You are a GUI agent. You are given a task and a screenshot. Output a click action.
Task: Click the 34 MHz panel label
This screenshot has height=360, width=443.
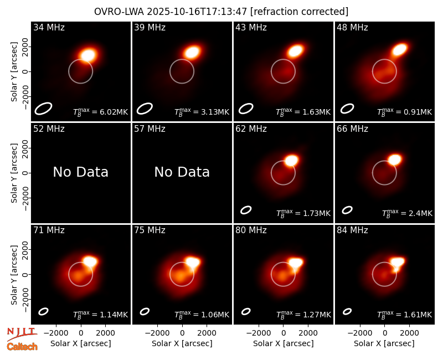pyautogui.click(x=49, y=27)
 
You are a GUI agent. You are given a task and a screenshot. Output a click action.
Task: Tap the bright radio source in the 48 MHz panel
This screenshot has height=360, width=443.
pyautogui.click(x=399, y=50)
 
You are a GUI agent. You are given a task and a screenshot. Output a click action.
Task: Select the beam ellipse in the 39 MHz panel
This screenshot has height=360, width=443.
pyautogui.click(x=145, y=109)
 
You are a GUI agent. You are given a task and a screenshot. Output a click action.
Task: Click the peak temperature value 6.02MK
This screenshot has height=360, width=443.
pyautogui.click(x=110, y=112)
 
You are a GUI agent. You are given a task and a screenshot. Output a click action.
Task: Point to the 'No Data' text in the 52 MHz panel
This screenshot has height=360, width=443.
pyautogui.click(x=80, y=172)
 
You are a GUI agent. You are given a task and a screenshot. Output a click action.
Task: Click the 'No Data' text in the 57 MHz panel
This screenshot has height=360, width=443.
pyautogui.click(x=182, y=172)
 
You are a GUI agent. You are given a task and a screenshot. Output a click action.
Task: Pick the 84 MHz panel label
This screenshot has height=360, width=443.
pyautogui.click(x=352, y=230)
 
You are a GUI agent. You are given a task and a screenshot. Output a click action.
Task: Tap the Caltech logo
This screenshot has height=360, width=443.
pyautogui.click(x=22, y=347)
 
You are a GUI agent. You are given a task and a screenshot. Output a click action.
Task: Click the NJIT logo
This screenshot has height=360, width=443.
pyautogui.click(x=22, y=333)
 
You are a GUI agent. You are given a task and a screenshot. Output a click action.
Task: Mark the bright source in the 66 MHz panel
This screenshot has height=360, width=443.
pyautogui.click(x=395, y=160)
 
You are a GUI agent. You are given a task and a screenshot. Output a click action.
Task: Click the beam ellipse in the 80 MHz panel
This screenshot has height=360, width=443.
pyautogui.click(x=246, y=311)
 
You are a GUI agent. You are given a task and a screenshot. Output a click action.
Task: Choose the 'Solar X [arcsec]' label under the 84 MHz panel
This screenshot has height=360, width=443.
pyautogui.click(x=384, y=343)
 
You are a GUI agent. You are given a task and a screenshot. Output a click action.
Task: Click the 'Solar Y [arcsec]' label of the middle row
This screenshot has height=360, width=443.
pyautogui.click(x=14, y=173)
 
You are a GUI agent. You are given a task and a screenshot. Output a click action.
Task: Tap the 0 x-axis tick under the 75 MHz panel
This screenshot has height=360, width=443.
pyautogui.click(x=182, y=333)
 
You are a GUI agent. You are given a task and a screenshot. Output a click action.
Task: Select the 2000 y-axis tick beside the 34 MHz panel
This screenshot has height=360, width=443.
pyautogui.click(x=25, y=47)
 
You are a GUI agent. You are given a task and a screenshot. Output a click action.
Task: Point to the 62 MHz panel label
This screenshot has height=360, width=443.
pyautogui.click(x=251, y=129)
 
